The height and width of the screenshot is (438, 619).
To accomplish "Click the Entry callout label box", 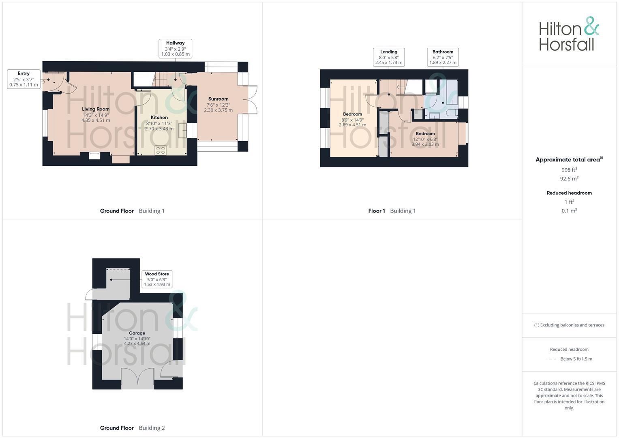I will point(24,79).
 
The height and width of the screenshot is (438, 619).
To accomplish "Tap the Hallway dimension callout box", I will point(175,49).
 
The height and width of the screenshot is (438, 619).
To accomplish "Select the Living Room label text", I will point(96,109).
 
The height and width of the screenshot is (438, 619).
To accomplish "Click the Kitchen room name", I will point(159,118).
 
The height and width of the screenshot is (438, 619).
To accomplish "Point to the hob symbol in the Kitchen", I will point(161,150).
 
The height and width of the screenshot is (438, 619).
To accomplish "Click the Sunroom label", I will point(218,99).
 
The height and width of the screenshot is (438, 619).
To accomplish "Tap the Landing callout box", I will point(389,57).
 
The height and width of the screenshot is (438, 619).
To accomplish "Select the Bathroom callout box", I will point(443,57).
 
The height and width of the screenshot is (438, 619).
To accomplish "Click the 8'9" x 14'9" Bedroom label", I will point(352,114).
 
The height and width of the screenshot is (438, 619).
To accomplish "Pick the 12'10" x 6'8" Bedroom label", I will point(425,134).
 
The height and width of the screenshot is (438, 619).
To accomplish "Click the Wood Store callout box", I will point(157,279).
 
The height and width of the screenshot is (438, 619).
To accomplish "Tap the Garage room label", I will point(137,333).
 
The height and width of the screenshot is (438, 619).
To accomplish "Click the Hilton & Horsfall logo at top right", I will point(569,34).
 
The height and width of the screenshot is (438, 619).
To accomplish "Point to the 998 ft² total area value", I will point(569,170).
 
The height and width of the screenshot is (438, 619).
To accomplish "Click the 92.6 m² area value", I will point(569,179).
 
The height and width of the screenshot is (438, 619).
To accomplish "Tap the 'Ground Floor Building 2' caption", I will point(132,428).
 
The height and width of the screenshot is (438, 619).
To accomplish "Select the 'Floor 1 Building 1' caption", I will point(392,211).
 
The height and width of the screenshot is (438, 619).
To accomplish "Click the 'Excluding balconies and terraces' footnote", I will point(569,325).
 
